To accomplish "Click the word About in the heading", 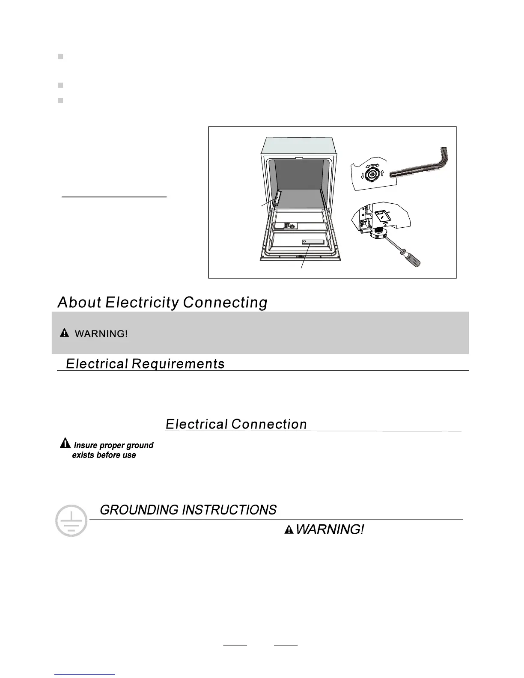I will pyautogui.click(x=79, y=302).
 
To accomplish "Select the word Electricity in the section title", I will pyautogui.click(x=142, y=302).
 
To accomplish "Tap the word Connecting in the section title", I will pyautogui.click(x=225, y=302).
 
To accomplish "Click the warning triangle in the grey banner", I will pyautogui.click(x=64, y=333).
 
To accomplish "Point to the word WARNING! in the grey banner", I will pyautogui.click(x=101, y=334).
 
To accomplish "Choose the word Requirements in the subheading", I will pyautogui.click(x=178, y=364).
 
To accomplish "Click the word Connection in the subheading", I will pyautogui.click(x=269, y=424).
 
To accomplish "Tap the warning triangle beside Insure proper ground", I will pyautogui.click(x=65, y=443).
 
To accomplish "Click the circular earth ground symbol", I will pyautogui.click(x=71, y=521).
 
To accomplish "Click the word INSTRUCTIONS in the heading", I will pyautogui.click(x=229, y=510).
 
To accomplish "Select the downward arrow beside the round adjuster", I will pyautogui.click(x=362, y=175).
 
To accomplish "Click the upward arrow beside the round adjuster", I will pyautogui.click(x=382, y=174).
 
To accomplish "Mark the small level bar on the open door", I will pyautogui.click(x=313, y=242).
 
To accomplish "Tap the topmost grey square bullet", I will pyautogui.click(x=60, y=56).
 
